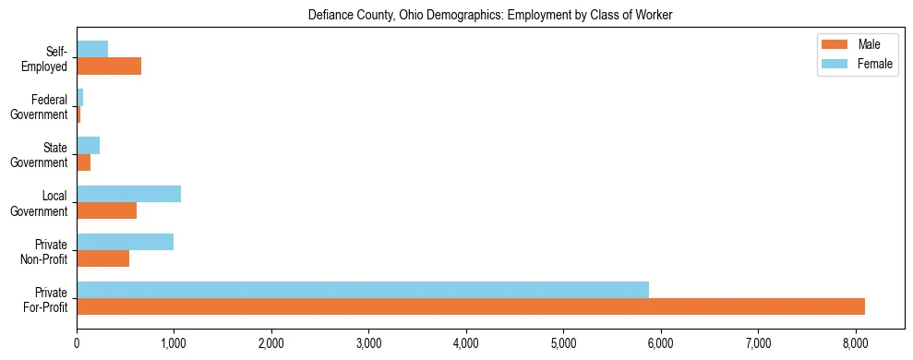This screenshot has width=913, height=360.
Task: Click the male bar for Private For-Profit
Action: pyautogui.click(x=471, y=306)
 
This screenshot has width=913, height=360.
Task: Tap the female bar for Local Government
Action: pyautogui.click(x=128, y=194)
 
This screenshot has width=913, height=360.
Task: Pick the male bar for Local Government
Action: pyautogui.click(x=106, y=210)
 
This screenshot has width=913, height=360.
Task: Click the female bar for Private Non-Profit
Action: pyautogui.click(x=125, y=242)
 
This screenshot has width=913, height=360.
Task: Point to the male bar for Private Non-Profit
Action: pyautogui.click(x=102, y=258)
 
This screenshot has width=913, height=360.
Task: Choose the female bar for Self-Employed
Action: pyautogui.click(x=92, y=49)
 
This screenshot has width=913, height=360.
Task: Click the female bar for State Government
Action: pyautogui.click(x=88, y=146)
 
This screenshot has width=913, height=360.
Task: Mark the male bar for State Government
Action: pyautogui.click(x=83, y=162)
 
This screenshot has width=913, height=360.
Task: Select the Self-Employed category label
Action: pyautogui.click(x=49, y=59)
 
